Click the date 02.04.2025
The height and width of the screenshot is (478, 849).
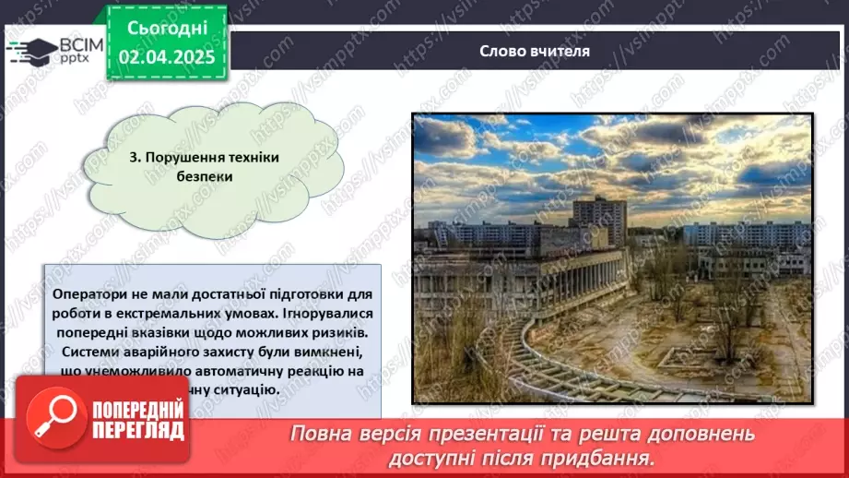tap(167, 57)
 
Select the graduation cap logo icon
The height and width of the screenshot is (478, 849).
tap(30, 52)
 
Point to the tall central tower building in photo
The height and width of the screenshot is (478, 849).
tap(599, 219)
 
